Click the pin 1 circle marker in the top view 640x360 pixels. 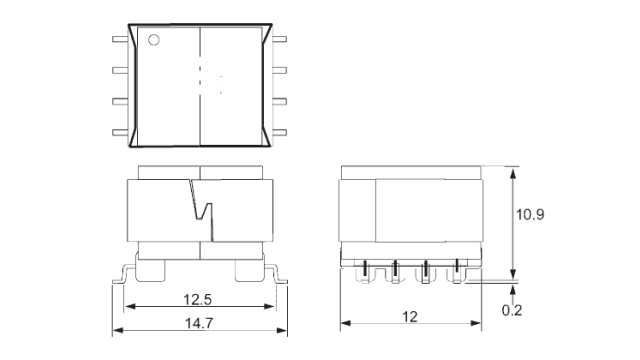point(155,41)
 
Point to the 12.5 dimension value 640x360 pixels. point(199,299)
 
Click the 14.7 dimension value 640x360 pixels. point(199,322)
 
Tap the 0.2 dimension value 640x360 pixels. point(512,311)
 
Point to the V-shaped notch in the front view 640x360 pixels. point(201,211)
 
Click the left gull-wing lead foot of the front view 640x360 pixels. point(122,277)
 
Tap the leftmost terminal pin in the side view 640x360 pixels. point(364,270)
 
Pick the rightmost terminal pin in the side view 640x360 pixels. point(459,270)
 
